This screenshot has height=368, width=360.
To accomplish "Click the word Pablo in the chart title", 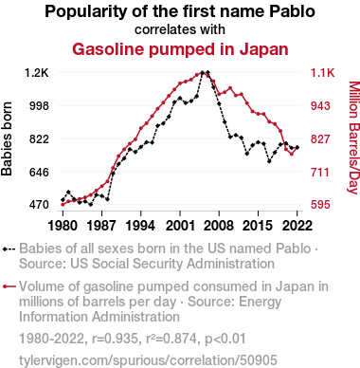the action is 292,11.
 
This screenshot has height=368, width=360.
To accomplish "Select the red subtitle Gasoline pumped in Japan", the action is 180,49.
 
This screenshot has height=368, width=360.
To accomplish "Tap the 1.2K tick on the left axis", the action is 37,73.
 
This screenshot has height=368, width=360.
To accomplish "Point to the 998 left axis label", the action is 40,105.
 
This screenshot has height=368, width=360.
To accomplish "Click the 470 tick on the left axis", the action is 40,205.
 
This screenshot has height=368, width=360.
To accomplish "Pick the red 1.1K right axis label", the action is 322,73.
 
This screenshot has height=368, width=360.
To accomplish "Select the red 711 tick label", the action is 320,173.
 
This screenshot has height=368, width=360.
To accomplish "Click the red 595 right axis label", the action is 320,205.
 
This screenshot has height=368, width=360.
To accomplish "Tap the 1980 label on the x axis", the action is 63,226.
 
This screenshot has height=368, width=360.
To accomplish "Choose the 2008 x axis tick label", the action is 219,226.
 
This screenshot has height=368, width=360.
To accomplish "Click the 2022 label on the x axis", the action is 297,226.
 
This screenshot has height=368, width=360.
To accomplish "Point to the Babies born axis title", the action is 7,138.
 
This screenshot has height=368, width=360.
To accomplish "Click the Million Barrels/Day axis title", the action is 353,138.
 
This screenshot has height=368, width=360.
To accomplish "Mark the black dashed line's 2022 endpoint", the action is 297,147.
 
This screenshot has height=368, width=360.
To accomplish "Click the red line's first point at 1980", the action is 63,205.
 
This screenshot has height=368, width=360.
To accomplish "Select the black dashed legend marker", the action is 9,249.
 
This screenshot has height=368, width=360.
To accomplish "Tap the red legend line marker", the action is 9,286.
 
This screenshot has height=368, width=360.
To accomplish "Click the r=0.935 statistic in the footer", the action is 115,339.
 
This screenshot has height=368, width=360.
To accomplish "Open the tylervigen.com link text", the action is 148,360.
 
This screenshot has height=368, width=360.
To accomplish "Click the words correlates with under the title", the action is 180,29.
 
